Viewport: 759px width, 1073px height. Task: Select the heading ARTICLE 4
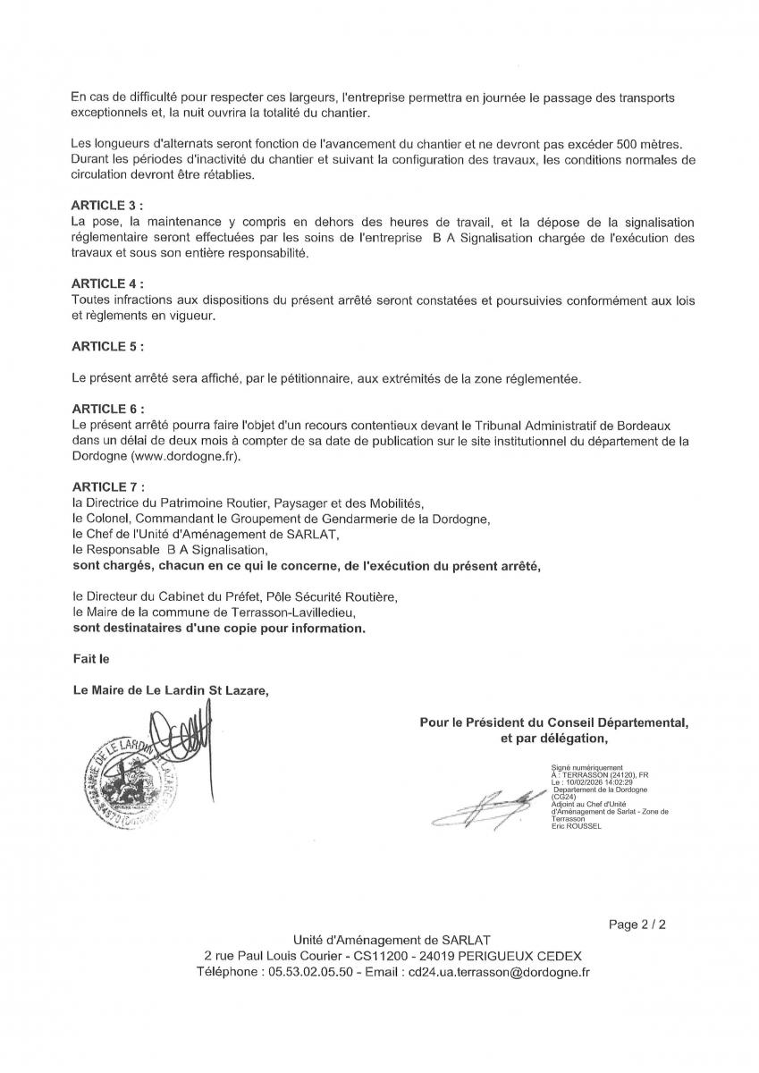pos(106,284)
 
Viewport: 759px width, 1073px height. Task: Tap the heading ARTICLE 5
pos(106,345)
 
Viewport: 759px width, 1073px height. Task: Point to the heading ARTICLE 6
pos(106,408)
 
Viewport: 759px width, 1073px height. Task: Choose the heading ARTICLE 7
pos(106,486)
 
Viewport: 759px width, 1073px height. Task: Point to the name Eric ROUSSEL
pos(577,826)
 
